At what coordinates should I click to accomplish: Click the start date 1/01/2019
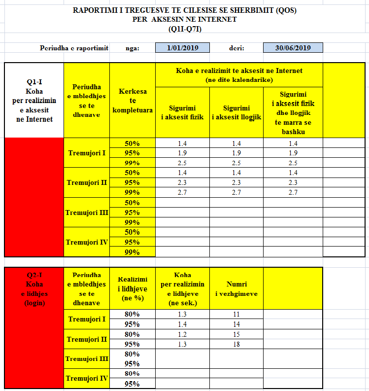coord(182,48)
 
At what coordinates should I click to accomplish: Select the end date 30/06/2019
coord(293,48)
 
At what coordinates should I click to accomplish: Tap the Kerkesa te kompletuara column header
coord(133,101)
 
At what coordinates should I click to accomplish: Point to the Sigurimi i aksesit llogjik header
coord(236,112)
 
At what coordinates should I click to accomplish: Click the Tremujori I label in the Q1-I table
coord(87,153)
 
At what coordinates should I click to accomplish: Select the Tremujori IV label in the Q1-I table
coord(87,242)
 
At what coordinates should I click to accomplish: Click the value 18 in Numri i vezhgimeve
coord(236,344)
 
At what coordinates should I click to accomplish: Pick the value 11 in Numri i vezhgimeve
coord(236,314)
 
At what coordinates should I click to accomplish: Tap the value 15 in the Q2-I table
coord(236,334)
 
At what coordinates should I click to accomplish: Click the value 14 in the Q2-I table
coord(236,324)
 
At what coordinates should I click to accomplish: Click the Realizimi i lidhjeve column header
coord(133,289)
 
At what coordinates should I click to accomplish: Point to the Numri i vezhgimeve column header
coord(236,289)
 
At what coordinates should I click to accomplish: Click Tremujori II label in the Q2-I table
coord(87,339)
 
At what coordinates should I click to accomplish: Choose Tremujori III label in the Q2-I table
coord(87,359)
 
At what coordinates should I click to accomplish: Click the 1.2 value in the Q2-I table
coord(182,334)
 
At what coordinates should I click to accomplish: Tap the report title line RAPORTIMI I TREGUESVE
coord(184,10)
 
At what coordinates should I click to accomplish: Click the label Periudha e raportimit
coord(74,48)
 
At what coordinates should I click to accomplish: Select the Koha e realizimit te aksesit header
coord(239,74)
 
